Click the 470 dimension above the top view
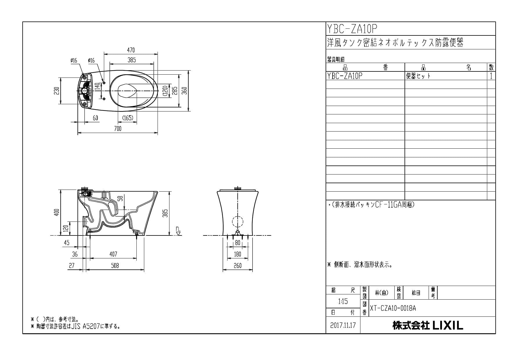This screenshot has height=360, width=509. [x=131, y=50]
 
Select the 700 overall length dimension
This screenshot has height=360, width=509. [x=118, y=129]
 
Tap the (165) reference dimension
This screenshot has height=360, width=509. [x=127, y=118]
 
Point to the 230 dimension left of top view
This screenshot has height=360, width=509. [x=57, y=91]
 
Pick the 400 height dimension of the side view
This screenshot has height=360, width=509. [x=57, y=212]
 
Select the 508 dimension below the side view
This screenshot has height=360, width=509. [x=115, y=266]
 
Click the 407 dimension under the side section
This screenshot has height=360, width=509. [x=113, y=254]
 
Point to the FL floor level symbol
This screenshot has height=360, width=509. [x=178, y=231]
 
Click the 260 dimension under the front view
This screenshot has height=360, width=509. [x=237, y=266]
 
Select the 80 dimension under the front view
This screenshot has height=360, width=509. [x=238, y=243]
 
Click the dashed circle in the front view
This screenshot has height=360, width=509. [x=238, y=222]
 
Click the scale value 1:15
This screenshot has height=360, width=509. [x=343, y=301]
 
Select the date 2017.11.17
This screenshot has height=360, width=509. [x=343, y=325]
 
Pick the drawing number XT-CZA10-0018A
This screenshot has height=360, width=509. [x=393, y=308]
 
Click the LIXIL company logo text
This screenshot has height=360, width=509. [x=428, y=325]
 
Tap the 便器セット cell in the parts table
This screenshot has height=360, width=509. [x=418, y=76]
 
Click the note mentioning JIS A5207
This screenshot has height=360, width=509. [x=75, y=326]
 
